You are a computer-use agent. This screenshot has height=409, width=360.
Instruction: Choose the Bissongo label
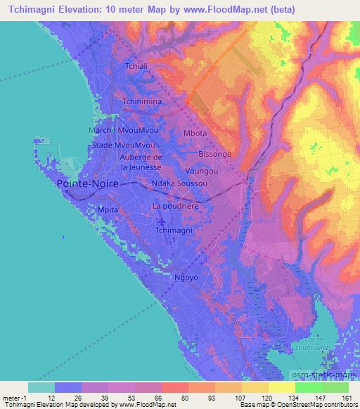[x=214, y=152]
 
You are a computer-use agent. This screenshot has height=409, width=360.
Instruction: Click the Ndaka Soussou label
[x=180, y=183]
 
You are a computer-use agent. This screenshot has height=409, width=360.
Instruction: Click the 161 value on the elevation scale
[x=347, y=396]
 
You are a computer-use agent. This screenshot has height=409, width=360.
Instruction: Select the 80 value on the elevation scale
[x=174, y=396]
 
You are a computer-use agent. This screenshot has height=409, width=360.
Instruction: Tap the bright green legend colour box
[x=309, y=387]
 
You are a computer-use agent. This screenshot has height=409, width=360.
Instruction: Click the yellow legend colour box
[x=255, y=387]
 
